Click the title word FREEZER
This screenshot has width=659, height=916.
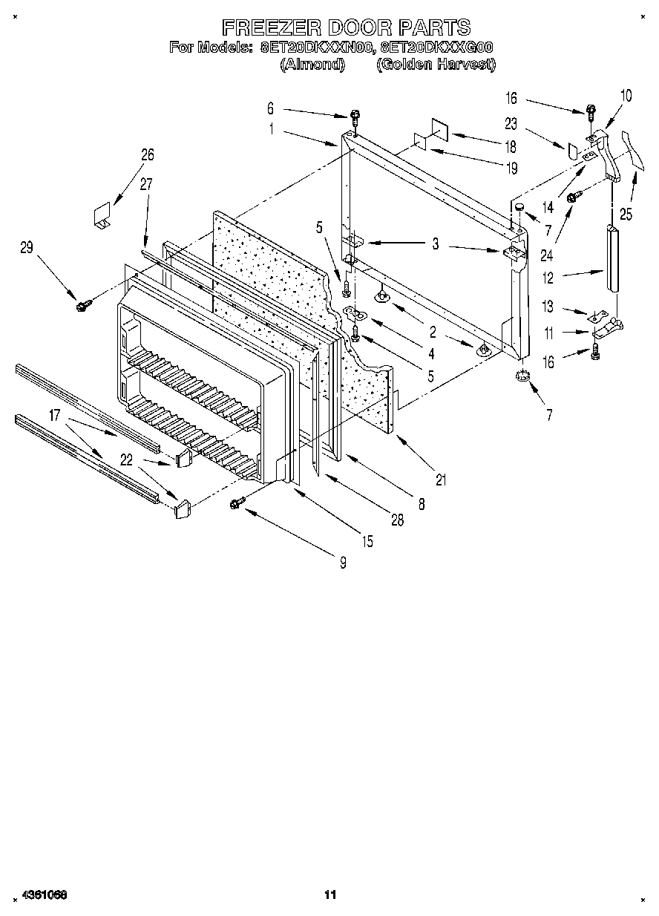[x=271, y=27]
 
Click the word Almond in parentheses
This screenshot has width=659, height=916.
[x=312, y=65]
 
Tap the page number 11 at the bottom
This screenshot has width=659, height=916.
[x=330, y=894]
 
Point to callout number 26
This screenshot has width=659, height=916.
[x=147, y=154]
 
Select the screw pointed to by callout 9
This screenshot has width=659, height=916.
[x=238, y=503]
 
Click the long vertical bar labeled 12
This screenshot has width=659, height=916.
[x=612, y=260]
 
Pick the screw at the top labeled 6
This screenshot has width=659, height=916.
[x=355, y=116]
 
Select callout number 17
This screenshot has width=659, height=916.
[x=54, y=416]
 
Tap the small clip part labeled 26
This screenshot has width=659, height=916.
[x=101, y=215]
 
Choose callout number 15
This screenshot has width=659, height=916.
[x=367, y=542]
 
